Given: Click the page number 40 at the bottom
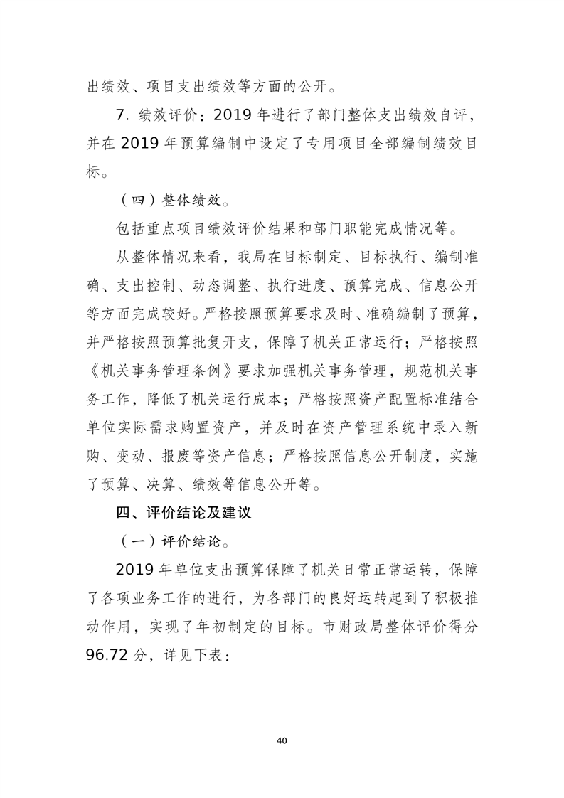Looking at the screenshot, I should (x=282, y=740).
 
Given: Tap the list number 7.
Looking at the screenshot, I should (x=122, y=114).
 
